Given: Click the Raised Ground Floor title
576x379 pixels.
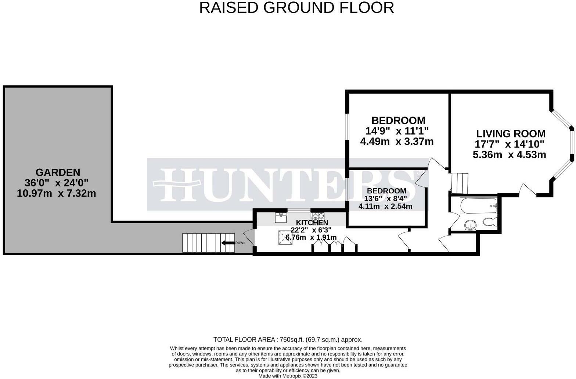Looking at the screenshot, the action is (296, 7).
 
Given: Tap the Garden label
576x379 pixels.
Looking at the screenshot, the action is (58, 172).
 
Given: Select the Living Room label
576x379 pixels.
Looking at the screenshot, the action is (511, 133).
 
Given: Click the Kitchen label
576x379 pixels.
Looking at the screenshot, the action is (312, 222).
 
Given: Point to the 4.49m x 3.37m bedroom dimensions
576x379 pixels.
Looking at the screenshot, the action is (397, 142).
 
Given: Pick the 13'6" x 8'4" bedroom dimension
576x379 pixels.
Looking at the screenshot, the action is (385, 199).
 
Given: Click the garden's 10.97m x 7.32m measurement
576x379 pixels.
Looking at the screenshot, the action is (56, 193).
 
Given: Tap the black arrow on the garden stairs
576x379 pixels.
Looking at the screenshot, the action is (228, 243).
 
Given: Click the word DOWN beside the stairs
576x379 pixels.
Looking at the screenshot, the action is (240, 243).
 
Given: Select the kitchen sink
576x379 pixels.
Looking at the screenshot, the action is (281, 218).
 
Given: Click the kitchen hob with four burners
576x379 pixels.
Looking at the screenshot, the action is (318, 216).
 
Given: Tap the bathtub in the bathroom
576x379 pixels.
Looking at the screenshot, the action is (479, 205).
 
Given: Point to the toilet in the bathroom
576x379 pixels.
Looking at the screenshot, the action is (490, 222).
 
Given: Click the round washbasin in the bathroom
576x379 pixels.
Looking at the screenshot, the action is (470, 225).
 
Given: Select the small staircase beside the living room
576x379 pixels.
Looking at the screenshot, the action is (460, 183).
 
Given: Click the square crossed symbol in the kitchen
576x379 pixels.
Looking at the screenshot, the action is (285, 237).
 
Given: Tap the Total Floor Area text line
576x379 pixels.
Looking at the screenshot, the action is (288, 340).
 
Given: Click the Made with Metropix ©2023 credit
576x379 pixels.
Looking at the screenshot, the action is (288, 376).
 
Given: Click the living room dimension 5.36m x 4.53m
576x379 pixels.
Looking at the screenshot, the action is (510, 155).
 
